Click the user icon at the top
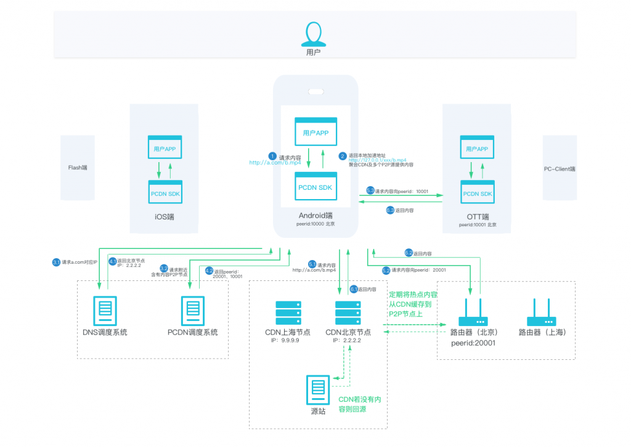[x=314, y=35]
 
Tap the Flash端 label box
[x=77, y=167]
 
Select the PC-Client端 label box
[x=560, y=168]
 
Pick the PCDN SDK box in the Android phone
[x=316, y=186]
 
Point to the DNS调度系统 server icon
[x=104, y=311]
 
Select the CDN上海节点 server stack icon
[x=288, y=312]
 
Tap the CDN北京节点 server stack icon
[x=348, y=312]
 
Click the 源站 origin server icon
[x=318, y=389]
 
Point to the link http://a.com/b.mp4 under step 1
[x=275, y=163]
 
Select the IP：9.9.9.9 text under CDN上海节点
[x=287, y=340]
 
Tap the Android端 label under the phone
[x=315, y=215]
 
